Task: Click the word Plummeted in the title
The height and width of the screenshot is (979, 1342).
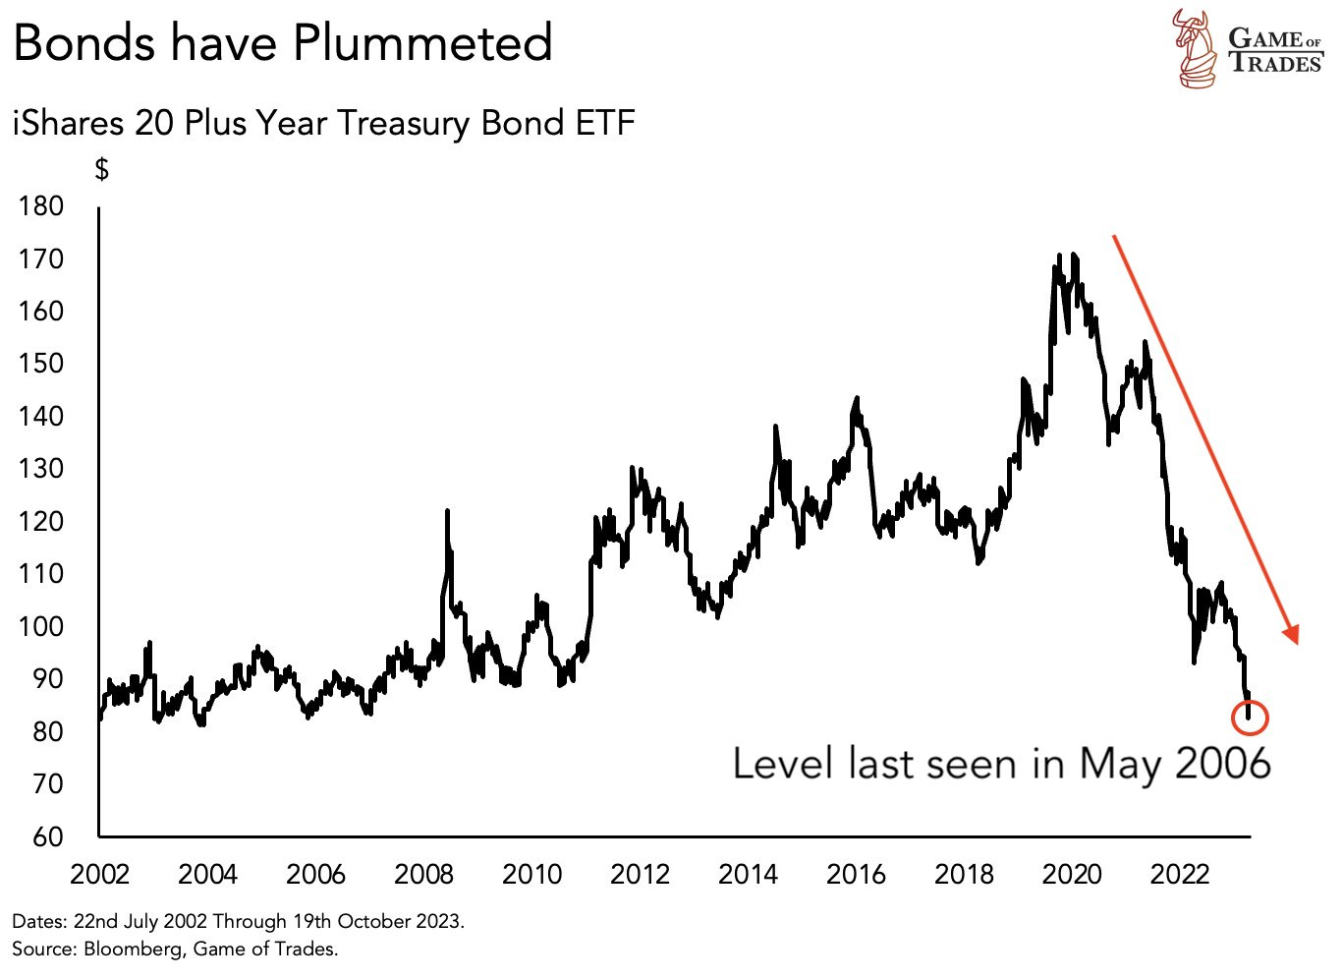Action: [422, 43]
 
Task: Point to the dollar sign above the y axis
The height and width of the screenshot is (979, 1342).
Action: [101, 169]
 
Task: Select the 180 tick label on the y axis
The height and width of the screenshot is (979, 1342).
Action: [40, 206]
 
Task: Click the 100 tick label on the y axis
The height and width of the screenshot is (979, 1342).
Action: [40, 626]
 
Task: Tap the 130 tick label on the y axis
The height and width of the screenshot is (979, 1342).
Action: [40, 469]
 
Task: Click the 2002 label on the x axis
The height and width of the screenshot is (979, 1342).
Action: [100, 874]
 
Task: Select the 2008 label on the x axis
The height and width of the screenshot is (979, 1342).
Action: [423, 874]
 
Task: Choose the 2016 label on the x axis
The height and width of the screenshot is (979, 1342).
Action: [856, 874]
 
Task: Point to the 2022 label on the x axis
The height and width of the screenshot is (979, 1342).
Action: [1180, 874]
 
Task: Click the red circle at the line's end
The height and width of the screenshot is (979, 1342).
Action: [1250, 718]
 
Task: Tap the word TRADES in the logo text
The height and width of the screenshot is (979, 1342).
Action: [1275, 64]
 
